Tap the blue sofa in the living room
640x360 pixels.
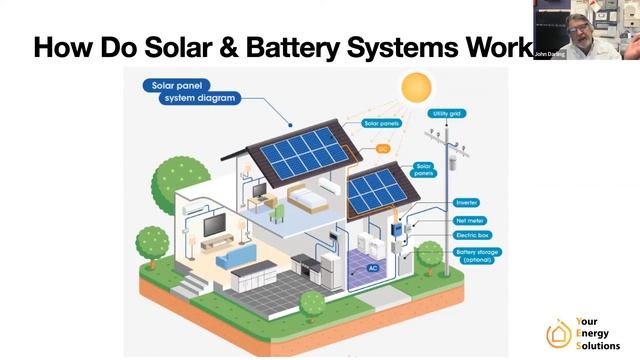pos(238,259)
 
